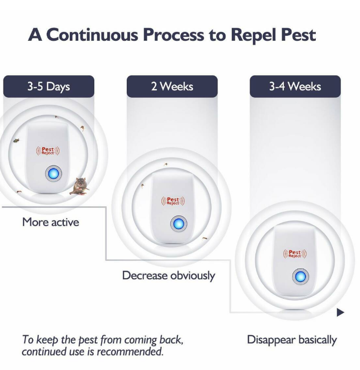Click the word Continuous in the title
(92, 35)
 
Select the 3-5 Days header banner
(49, 86)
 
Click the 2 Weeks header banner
(172, 86)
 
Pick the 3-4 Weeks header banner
(295, 86)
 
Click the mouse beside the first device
(80, 186)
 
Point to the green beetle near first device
(16, 141)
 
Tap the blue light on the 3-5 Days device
(54, 173)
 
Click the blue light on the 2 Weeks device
(179, 224)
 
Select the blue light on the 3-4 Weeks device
(300, 276)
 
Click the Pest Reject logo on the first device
(48, 151)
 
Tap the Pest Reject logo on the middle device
(173, 201)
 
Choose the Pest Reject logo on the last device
(295, 254)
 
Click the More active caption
(51, 222)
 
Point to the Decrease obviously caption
(168, 276)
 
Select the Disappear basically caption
(292, 340)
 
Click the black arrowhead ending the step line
(340, 312)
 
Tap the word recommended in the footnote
(130, 352)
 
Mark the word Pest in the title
(299, 35)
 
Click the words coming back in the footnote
(154, 340)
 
